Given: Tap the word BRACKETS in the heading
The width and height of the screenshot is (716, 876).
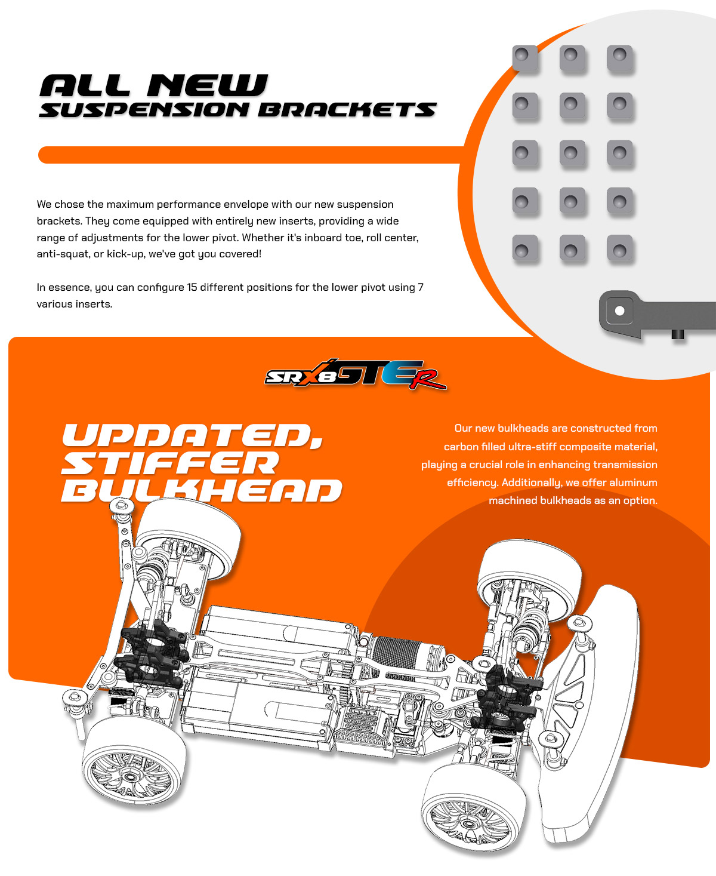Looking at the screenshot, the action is click(x=347, y=110).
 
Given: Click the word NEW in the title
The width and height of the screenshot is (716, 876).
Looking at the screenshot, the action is click(x=208, y=85).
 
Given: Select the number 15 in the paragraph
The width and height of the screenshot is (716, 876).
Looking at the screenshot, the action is click(x=192, y=287).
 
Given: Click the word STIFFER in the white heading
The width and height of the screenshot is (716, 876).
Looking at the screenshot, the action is click(x=170, y=463).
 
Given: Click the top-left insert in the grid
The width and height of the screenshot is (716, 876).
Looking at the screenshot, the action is click(x=525, y=58).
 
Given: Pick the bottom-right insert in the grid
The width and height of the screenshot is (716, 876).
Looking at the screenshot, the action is click(x=620, y=248).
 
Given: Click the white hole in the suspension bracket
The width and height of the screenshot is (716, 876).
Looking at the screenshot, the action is click(x=619, y=311).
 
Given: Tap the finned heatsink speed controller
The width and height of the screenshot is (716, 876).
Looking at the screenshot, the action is click(x=360, y=724).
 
